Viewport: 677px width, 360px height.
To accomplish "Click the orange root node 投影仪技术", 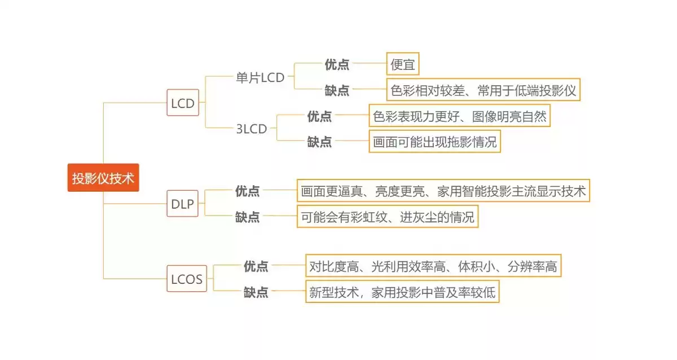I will pos(103,178).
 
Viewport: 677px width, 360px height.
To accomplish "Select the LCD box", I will pos(183,103).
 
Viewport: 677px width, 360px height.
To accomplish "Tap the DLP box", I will pos(183,204).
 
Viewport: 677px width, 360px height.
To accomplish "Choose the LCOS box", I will pos(187,279).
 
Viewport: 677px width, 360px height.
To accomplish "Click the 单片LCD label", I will pos(260,77).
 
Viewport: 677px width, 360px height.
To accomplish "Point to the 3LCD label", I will pos(252,129).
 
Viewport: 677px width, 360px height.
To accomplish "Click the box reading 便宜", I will pos(403,64).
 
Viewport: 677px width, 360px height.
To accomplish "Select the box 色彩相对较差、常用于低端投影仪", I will pos(483,90).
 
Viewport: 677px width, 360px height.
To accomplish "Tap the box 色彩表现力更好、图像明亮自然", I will pos(459,116).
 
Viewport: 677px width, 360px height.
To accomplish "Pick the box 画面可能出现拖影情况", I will pos(435,142).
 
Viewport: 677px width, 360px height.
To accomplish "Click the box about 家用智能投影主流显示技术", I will pos(443,191).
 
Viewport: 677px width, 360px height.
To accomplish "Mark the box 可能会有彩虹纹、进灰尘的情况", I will pos(388,217).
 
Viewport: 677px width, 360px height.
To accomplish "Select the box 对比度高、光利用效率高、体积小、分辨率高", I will pos(433,266).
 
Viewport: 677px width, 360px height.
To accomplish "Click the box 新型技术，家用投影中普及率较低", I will pos(402,292).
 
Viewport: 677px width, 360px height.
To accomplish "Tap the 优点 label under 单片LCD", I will pos(337,64).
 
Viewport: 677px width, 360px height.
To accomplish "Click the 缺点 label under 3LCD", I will pos(319,142).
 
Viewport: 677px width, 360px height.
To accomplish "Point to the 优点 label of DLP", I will pos(248,191).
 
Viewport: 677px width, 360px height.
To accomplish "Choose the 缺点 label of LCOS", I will pos(256,292).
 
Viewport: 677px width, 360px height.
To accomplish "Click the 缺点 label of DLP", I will pos(248,217).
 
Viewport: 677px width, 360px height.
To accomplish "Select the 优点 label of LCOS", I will pos(256,266).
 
